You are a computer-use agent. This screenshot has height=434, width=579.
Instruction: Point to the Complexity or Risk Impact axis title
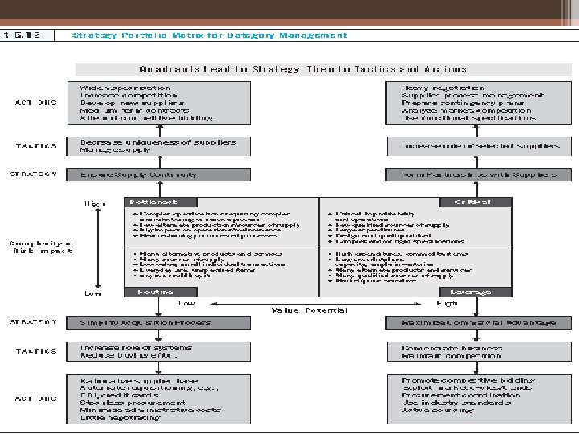[x=40, y=246]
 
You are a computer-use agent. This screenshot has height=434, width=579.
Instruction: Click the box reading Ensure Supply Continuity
[x=138, y=174]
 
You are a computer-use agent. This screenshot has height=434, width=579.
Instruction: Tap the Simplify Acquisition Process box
[x=145, y=322]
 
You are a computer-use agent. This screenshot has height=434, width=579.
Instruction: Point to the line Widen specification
[x=125, y=88]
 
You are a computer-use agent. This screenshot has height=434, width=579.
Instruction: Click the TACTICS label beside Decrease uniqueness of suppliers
[x=36, y=145]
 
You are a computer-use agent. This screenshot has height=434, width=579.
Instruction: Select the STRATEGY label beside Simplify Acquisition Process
[x=34, y=322]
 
